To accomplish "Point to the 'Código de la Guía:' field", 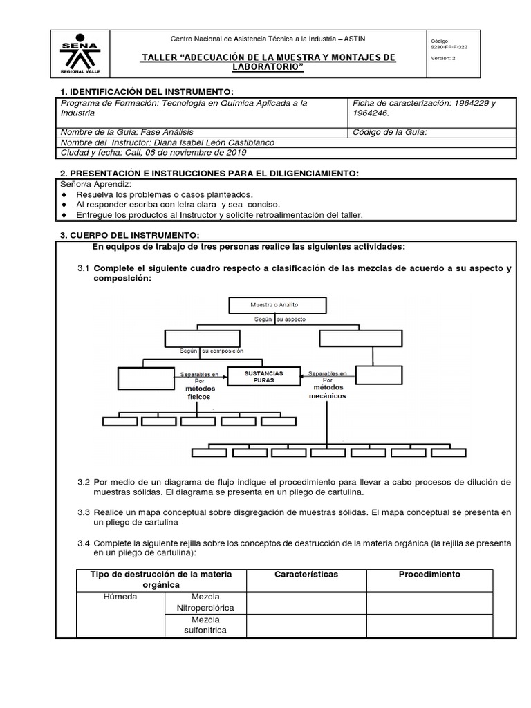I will click(x=390, y=132).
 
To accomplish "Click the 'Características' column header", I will click(x=306, y=575).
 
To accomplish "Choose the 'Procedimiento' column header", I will click(x=429, y=575).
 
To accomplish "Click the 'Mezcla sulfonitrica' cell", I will click(x=205, y=625).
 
